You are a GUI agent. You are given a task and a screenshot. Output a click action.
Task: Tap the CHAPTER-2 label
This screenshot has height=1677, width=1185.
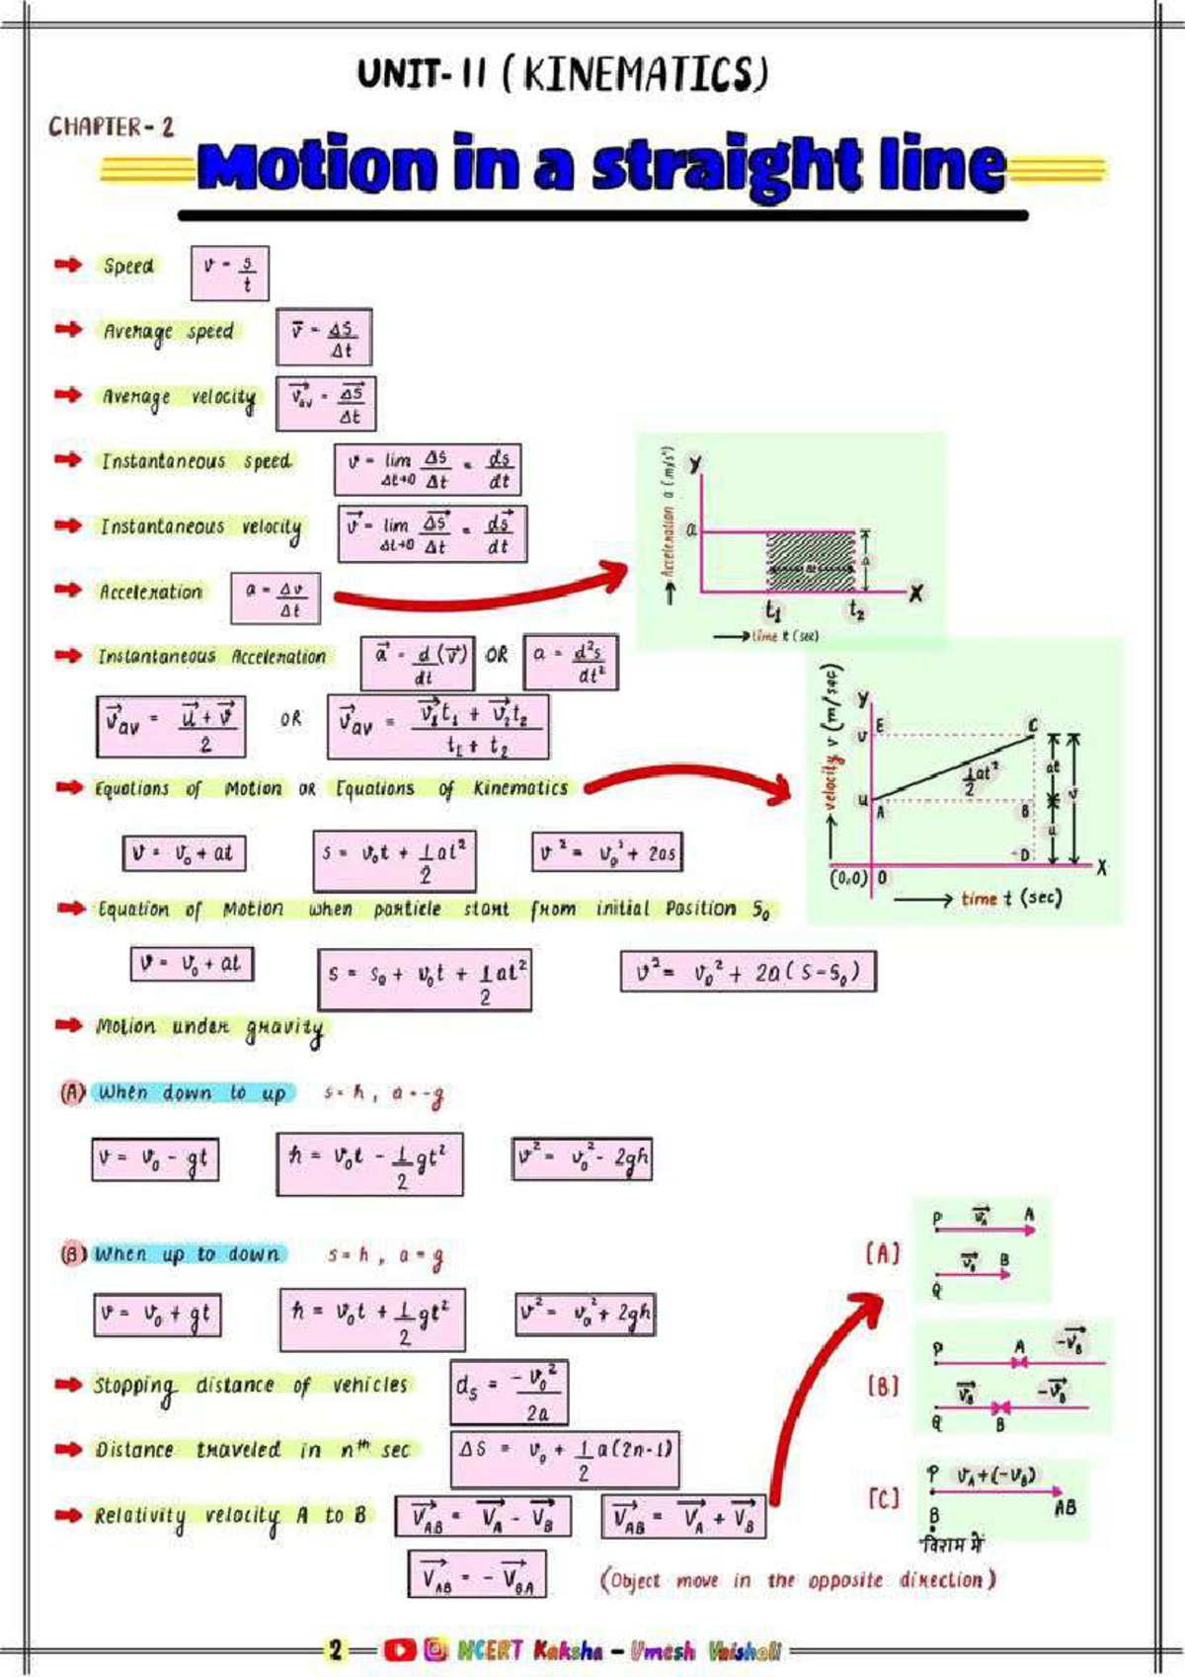pos(111,127)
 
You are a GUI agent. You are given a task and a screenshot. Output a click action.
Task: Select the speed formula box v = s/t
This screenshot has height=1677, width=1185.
pos(229,274)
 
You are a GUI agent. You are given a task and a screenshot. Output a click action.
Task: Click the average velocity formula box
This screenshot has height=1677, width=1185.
pos(326,403)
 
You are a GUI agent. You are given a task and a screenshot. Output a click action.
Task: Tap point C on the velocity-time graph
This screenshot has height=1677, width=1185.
pos(1033,726)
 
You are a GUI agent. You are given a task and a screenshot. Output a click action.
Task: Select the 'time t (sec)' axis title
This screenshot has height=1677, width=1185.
pos(1009,898)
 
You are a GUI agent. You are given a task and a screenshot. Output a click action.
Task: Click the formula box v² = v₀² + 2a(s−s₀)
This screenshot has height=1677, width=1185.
pos(748,972)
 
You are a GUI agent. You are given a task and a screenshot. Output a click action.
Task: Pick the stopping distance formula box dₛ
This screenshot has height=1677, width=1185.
pos(510,1393)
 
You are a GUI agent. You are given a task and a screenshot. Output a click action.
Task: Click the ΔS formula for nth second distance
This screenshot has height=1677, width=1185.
pos(565,1460)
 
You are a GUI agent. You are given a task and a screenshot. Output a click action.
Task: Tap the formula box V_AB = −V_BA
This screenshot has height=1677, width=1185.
pos(477,1574)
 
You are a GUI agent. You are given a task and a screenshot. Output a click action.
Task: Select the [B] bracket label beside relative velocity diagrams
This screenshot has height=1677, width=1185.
pos(883,1386)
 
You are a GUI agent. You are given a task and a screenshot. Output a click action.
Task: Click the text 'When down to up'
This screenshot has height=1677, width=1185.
pos(192,1093)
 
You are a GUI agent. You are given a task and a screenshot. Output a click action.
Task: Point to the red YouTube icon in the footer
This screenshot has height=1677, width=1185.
pos(399,1649)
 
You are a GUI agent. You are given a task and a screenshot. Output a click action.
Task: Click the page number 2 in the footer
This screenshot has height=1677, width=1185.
pos(336,1649)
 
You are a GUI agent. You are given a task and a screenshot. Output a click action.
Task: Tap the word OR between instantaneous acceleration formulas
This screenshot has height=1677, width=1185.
pos(497,655)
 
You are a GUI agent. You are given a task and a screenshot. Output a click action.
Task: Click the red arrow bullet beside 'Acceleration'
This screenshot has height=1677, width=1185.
pos(68,591)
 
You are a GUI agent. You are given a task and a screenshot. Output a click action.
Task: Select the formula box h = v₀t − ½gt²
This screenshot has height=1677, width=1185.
pos(369,1164)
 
